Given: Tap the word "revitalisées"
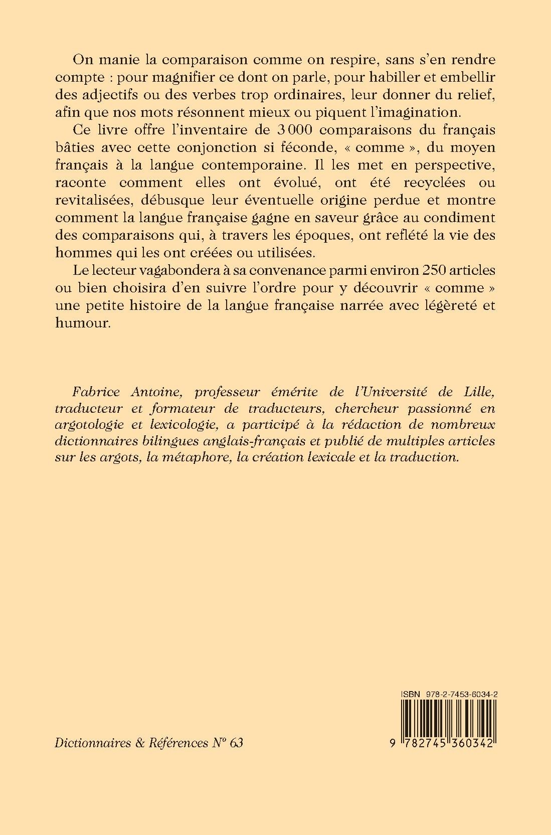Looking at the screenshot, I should pos(103,200).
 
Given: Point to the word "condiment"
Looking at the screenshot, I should pos(457,218).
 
